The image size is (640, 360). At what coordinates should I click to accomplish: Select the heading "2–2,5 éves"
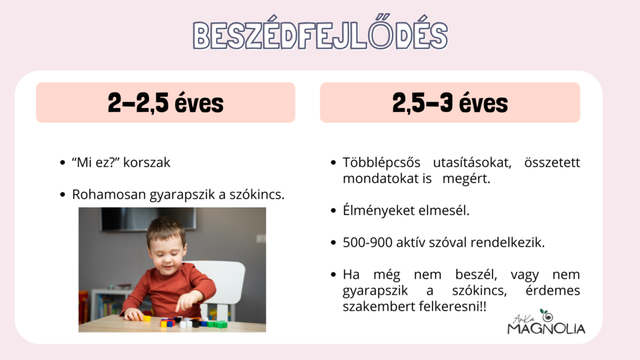click(x=166, y=103)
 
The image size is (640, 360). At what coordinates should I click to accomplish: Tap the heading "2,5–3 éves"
click(x=450, y=103)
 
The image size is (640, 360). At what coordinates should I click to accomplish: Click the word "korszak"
click(x=146, y=162)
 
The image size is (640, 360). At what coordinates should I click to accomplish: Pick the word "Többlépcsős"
click(x=381, y=163)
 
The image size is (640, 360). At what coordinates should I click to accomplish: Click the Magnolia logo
click(x=546, y=322)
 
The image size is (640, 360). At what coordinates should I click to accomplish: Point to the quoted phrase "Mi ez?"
click(x=96, y=162)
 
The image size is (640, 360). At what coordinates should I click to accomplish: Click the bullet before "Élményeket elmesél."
click(x=333, y=211)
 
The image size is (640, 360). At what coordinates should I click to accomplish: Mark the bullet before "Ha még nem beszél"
click(x=333, y=275)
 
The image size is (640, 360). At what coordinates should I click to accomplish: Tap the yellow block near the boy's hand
click(x=146, y=317)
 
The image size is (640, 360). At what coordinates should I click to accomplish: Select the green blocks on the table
click(x=217, y=324)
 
